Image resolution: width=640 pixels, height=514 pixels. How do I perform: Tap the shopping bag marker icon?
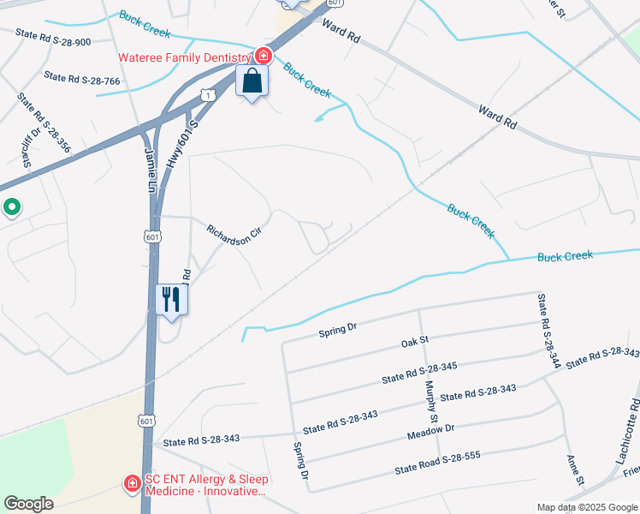[x=252, y=82]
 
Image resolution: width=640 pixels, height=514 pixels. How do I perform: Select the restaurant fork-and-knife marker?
[x=172, y=300]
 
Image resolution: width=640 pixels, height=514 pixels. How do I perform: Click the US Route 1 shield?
[x=208, y=95]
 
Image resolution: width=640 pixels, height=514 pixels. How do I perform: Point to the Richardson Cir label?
[x=234, y=235]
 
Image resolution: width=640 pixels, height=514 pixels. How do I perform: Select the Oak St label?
[x=414, y=344]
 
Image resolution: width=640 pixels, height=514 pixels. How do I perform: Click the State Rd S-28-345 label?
[x=419, y=372]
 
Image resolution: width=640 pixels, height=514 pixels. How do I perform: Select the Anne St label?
[x=574, y=469]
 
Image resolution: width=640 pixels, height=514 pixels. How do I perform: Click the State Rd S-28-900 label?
[x=53, y=36]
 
